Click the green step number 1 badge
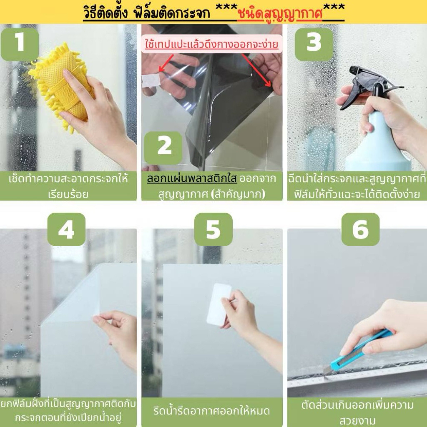pos(20,44)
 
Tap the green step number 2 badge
pos(163,148)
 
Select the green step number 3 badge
pos(314,44)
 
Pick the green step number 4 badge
pos(66,229)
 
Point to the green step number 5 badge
pos(213,229)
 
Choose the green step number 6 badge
pos(361,229)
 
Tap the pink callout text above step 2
pos(211,44)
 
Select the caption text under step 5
pos(211,411)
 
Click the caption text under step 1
pos(68,186)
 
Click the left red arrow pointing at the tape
pos(166,63)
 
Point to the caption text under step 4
pos(68,411)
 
